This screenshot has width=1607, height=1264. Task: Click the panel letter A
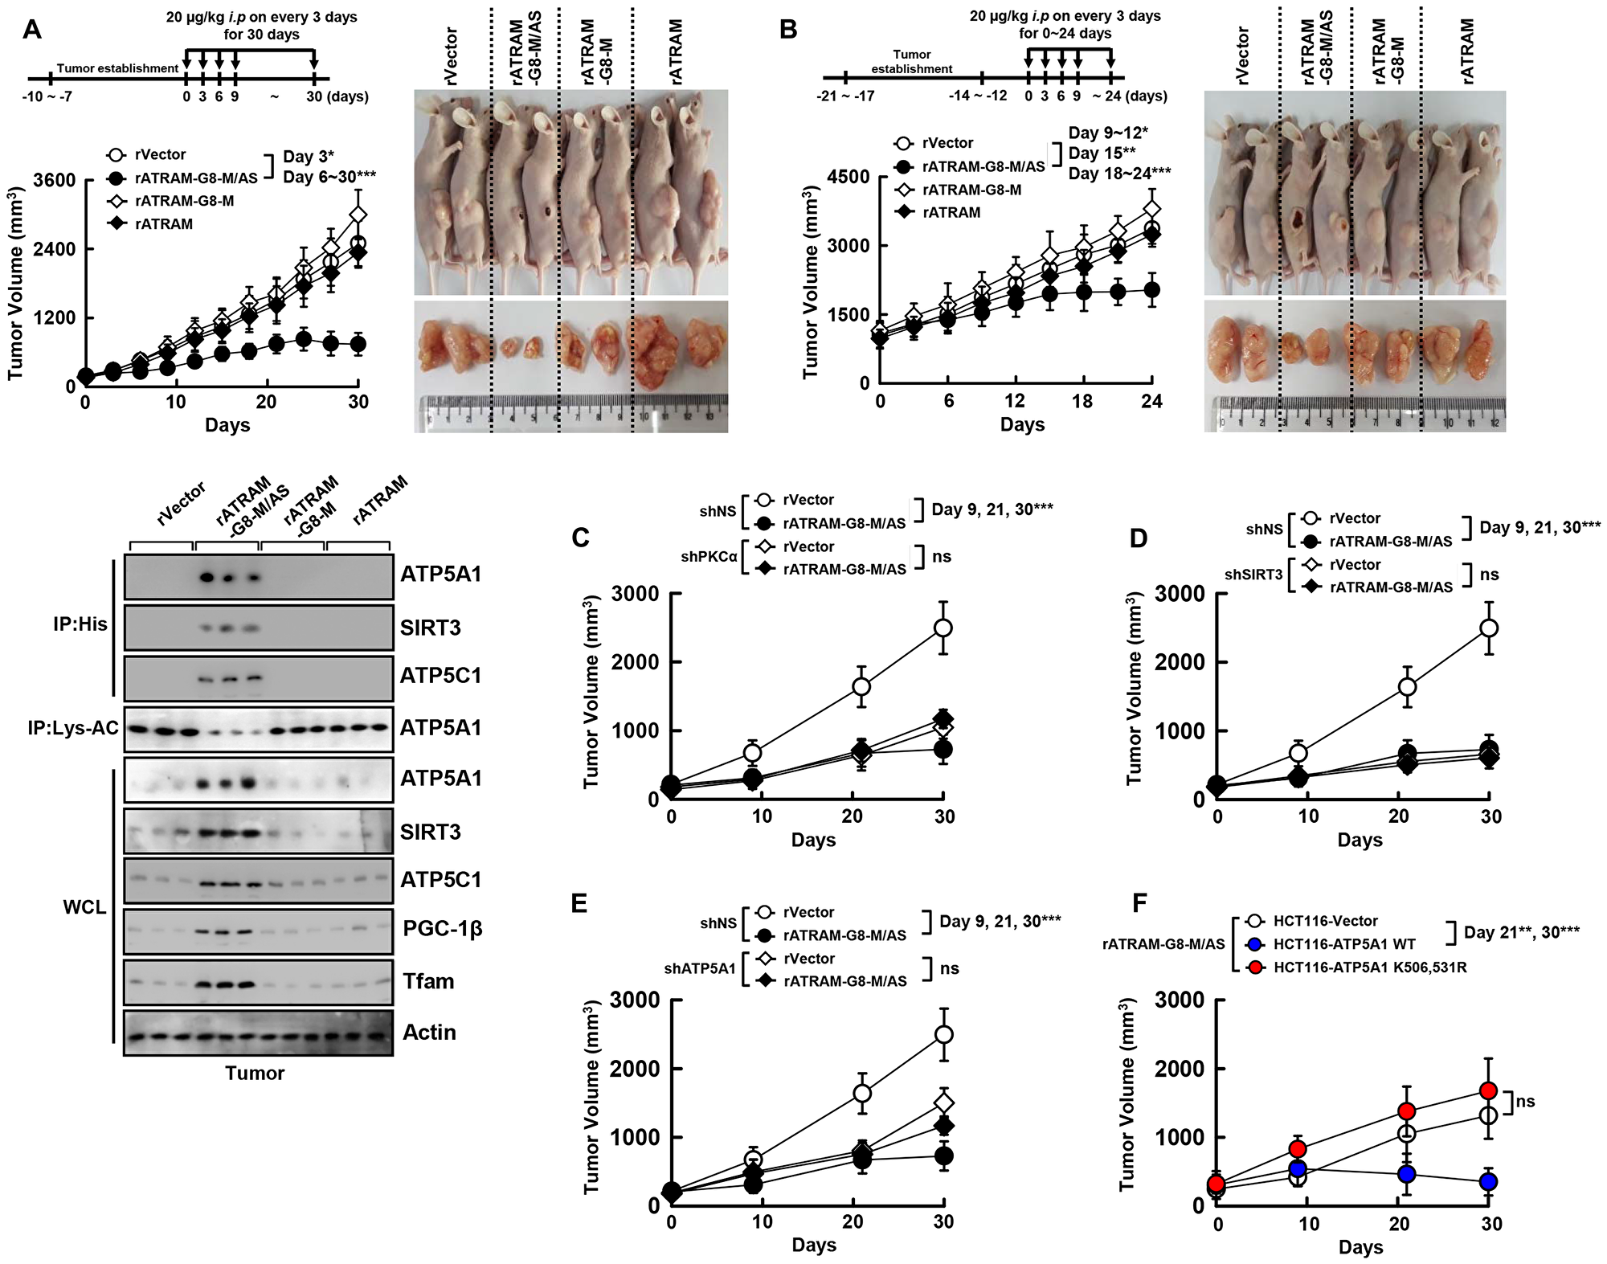[32, 30]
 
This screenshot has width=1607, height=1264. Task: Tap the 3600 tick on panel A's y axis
[55, 180]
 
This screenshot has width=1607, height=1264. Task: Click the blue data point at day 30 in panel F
[1488, 1182]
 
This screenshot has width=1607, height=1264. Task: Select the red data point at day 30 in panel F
[1488, 1091]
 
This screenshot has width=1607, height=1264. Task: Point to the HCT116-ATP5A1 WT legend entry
[1344, 944]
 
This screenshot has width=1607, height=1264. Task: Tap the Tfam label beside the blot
[428, 981]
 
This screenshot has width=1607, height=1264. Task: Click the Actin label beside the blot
[429, 1033]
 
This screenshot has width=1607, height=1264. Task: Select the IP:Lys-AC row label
[73, 728]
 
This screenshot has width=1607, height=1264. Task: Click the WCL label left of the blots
[84, 907]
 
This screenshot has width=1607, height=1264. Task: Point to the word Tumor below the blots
[255, 1074]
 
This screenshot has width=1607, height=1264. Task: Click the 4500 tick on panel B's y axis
[848, 177]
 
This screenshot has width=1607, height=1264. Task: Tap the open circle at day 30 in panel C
[943, 628]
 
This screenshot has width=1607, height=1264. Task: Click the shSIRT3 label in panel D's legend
[1253, 575]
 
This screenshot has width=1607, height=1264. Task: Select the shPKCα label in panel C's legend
[709, 556]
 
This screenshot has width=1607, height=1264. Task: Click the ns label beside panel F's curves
[1525, 1102]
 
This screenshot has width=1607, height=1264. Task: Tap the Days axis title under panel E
[813, 1245]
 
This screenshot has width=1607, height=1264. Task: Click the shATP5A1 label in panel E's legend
[700, 969]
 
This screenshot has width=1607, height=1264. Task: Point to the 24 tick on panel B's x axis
[1151, 401]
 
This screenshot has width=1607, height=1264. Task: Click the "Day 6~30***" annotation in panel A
[329, 177]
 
